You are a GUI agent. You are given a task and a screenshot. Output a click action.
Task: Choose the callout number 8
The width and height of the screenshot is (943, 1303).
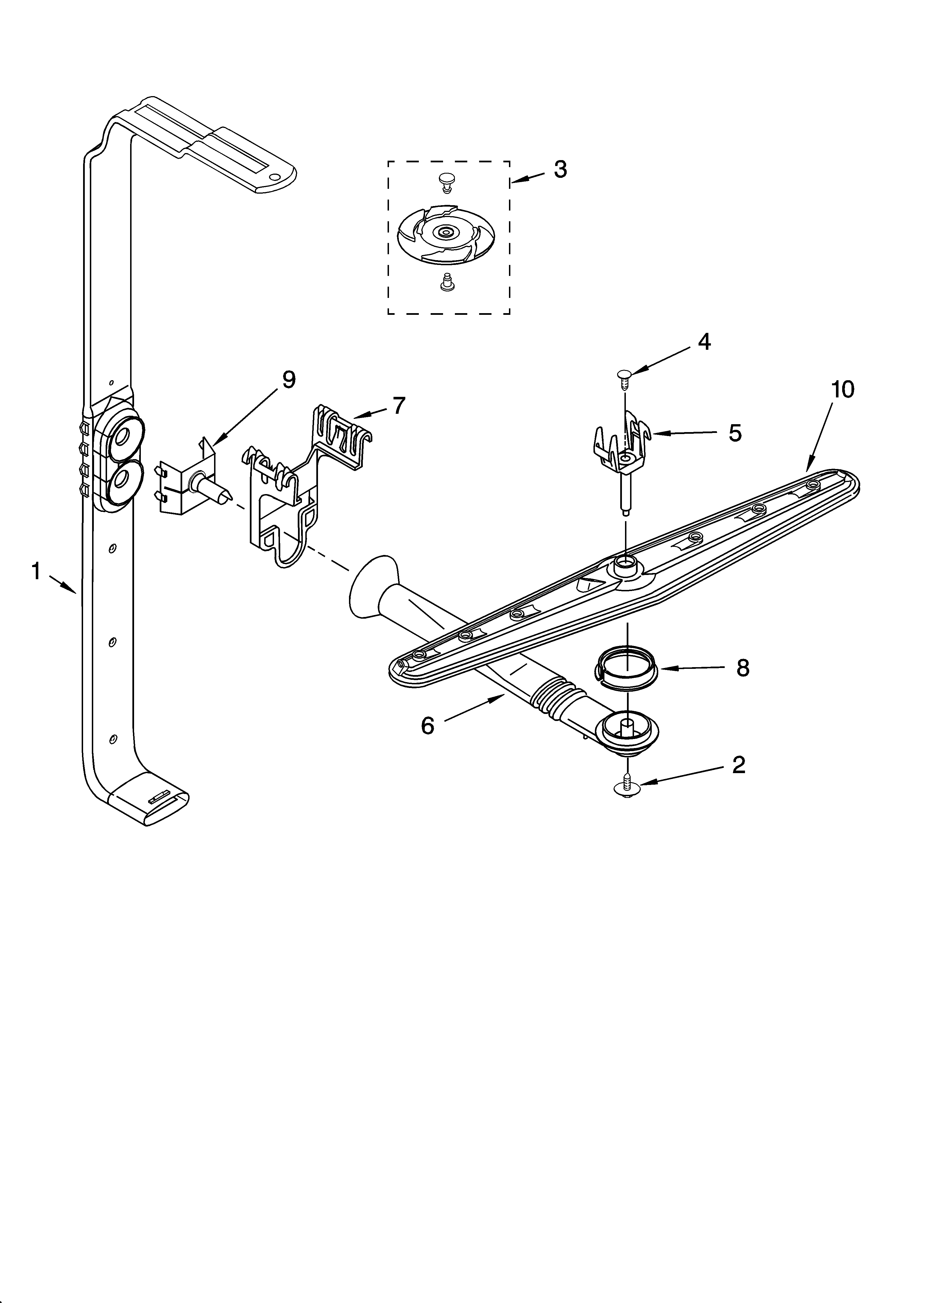[x=742, y=668]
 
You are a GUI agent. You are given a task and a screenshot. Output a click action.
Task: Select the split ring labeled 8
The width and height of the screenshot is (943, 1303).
[x=626, y=665]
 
